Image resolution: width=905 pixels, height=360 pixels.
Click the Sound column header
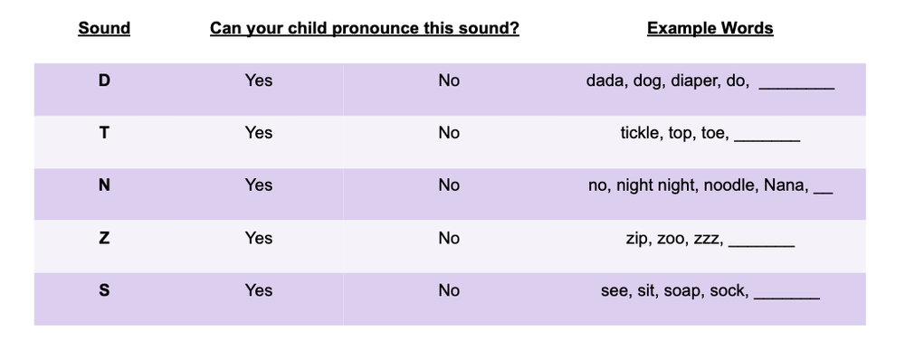click(x=104, y=28)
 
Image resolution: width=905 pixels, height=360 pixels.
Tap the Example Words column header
click(x=710, y=28)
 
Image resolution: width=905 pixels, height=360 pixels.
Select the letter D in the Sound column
click(x=104, y=81)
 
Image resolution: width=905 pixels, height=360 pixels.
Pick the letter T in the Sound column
click(x=104, y=133)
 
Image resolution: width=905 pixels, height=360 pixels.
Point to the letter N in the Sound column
click(x=104, y=185)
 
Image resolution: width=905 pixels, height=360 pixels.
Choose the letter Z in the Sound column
click(x=104, y=238)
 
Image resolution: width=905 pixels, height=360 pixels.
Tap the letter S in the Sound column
click(x=104, y=290)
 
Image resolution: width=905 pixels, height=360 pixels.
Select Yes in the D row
click(x=258, y=81)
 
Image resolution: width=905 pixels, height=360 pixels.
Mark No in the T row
click(x=449, y=133)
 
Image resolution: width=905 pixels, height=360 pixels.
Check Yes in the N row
click(x=258, y=185)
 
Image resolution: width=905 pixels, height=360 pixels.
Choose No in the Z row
click(x=449, y=238)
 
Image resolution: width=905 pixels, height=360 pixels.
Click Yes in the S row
click(x=258, y=290)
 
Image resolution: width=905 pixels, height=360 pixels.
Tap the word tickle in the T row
click(x=640, y=133)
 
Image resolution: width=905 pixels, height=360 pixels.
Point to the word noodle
click(x=728, y=185)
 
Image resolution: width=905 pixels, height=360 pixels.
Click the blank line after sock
click(x=786, y=296)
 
